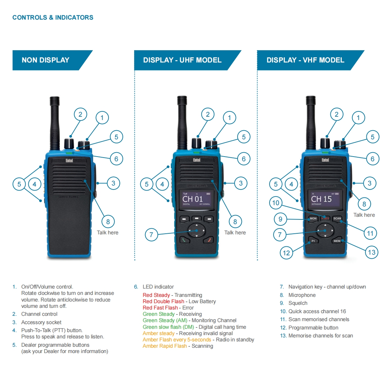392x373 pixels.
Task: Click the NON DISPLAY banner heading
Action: tap(46, 60)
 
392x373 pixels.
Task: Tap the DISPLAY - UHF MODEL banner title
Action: tap(182, 60)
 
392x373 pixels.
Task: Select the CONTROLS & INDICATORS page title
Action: tap(53, 18)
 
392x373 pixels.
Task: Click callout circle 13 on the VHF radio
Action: tap(371, 252)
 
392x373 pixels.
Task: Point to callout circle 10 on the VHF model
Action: tap(276, 203)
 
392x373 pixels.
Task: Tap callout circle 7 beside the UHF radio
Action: tap(151, 235)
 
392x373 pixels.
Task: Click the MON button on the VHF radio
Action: tap(313, 218)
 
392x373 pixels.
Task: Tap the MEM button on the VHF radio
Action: tap(337, 241)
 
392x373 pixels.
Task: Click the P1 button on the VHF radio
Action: tap(313, 241)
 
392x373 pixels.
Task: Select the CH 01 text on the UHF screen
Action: tap(192, 199)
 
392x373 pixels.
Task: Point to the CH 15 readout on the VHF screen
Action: tap(321, 199)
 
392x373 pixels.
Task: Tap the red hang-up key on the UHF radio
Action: tap(209, 240)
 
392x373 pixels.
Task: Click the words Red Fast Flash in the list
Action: tap(160, 308)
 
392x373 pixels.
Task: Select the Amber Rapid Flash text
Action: tap(165, 346)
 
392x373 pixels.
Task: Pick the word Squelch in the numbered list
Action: tap(298, 303)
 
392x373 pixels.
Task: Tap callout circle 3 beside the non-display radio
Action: tap(113, 183)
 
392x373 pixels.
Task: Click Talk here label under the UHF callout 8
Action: tap(235, 233)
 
